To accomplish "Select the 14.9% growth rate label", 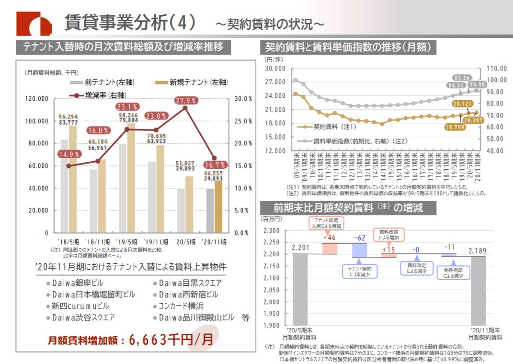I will pos(68,154).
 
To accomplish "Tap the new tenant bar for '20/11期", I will pos(218,206).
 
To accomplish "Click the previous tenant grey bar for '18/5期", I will pos(64,186).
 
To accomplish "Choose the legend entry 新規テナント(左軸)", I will pos(193,82).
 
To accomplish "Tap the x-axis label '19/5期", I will pos(126,241).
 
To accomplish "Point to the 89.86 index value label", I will pos(463,78).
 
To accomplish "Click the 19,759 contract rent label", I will pos(455,128).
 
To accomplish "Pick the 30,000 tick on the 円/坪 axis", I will pos(275,69).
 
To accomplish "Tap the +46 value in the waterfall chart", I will pos(330,237).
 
